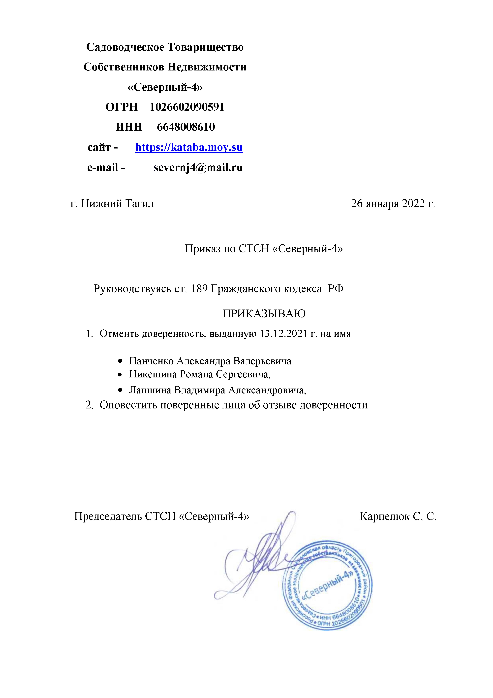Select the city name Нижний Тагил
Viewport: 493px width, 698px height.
click(117, 204)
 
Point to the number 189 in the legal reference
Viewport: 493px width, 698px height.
click(199, 288)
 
